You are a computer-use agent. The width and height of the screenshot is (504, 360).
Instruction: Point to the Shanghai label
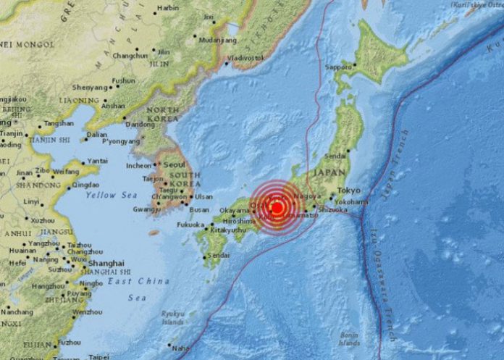coord(106,263)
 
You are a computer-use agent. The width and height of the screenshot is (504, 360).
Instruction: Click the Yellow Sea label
coord(111,196)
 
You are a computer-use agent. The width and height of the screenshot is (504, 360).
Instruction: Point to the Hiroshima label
coord(238,220)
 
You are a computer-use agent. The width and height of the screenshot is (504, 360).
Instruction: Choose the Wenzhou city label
coord(88,311)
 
